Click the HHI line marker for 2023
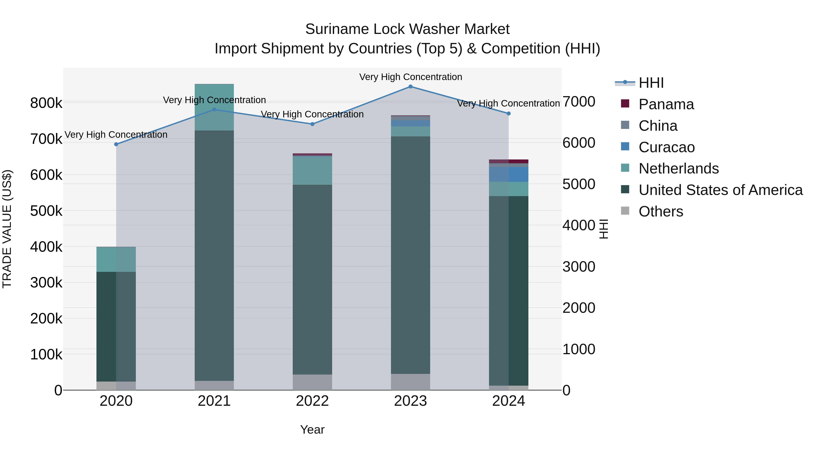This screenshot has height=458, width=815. click(x=410, y=86)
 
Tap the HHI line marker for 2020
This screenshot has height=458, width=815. click(x=116, y=144)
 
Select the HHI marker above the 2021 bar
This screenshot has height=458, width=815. click(x=214, y=110)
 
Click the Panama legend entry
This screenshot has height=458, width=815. click(x=666, y=104)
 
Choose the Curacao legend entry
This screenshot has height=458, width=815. click(x=666, y=147)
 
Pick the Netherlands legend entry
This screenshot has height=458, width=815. click(x=678, y=168)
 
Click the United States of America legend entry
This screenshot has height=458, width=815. click(x=720, y=190)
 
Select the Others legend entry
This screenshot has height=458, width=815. click(x=661, y=211)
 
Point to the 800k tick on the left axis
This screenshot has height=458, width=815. click(x=46, y=103)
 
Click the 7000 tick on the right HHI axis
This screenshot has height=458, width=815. click(x=579, y=102)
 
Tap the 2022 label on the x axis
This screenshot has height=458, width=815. click(x=312, y=401)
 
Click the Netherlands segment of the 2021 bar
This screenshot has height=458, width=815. click(x=214, y=107)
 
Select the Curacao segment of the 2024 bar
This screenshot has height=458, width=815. click(x=508, y=174)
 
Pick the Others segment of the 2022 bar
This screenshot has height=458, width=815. click(x=312, y=382)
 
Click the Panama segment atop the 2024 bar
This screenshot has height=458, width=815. click(x=508, y=161)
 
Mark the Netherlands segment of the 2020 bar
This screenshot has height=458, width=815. click(x=116, y=259)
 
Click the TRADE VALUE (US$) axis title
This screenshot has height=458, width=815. click(x=7, y=229)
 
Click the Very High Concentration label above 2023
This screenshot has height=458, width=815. click(x=410, y=77)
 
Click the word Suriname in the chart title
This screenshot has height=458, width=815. click(x=337, y=29)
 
